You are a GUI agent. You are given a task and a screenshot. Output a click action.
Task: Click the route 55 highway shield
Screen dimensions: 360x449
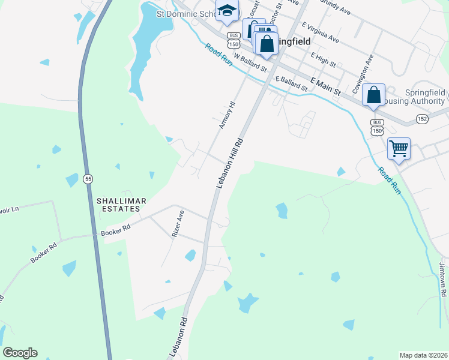[88, 179]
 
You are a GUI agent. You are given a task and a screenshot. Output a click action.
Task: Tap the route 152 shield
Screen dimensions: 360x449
[423, 119]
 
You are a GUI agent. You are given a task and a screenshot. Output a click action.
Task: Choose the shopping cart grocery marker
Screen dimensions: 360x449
[399, 148]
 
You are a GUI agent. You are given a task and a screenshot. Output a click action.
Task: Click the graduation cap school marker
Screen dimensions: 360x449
[228, 10]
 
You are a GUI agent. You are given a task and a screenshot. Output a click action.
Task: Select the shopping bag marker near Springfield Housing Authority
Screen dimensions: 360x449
[373, 95]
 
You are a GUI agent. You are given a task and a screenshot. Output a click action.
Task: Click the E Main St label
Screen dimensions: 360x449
[325, 86]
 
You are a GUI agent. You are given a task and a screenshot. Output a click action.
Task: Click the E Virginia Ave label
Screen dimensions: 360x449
[321, 33]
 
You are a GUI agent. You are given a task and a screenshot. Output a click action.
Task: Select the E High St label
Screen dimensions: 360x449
[323, 59]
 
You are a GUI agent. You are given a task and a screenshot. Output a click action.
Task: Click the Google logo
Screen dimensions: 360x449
[20, 353]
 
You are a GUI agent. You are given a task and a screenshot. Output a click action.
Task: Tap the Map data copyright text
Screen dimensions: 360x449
[423, 355]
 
